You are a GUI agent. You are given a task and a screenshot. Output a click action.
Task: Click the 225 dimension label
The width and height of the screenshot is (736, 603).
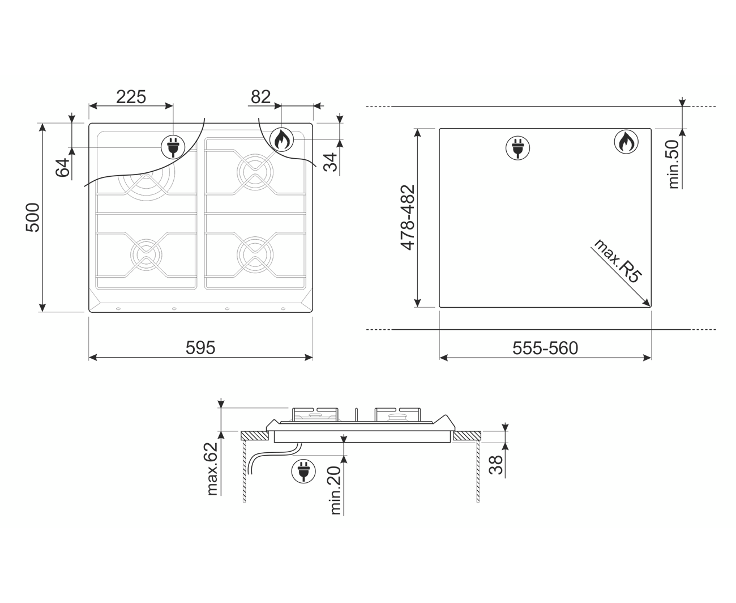pos(131,97)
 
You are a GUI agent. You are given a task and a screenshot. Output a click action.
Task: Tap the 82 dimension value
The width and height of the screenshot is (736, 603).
pos(260,97)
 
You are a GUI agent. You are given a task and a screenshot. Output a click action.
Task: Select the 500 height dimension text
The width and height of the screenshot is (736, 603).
pos(33,217)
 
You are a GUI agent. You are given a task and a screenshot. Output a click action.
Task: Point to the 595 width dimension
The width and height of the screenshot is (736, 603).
pos(200,347)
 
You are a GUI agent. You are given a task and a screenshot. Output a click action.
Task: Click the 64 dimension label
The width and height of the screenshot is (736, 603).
pos(63,168)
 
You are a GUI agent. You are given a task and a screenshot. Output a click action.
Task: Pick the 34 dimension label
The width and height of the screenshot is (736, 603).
pos(330,162)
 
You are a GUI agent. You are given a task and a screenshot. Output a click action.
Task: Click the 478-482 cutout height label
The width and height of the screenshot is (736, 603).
pos(408,218)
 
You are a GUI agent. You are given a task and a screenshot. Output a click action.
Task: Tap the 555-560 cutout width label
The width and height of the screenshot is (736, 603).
pos(545,348)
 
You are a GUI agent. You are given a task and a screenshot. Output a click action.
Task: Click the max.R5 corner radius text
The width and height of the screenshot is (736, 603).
pos(617,261)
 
